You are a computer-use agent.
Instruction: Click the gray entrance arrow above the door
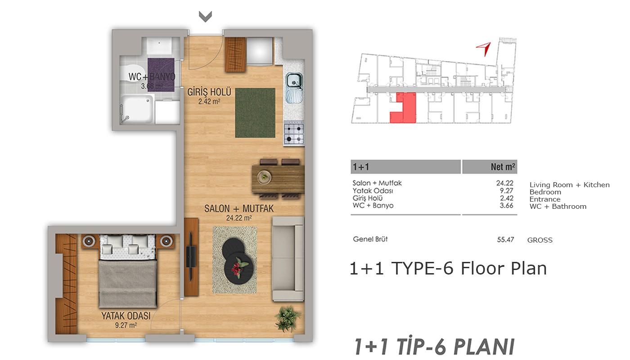tap(205, 17)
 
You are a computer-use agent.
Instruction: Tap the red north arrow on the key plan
tap(485, 49)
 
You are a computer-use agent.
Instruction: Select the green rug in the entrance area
tap(255, 113)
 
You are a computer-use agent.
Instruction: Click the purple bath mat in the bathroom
tap(161, 75)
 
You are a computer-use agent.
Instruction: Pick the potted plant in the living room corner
tap(287, 319)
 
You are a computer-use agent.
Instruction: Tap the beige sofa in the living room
tap(288, 259)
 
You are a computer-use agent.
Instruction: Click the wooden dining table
tap(278, 179)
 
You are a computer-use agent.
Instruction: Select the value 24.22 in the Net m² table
tap(504, 183)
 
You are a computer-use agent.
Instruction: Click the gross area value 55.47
tap(505, 239)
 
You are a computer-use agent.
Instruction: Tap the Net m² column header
tap(503, 167)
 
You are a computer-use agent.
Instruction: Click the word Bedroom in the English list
tap(545, 192)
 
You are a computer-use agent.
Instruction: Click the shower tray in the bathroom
tap(138, 109)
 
